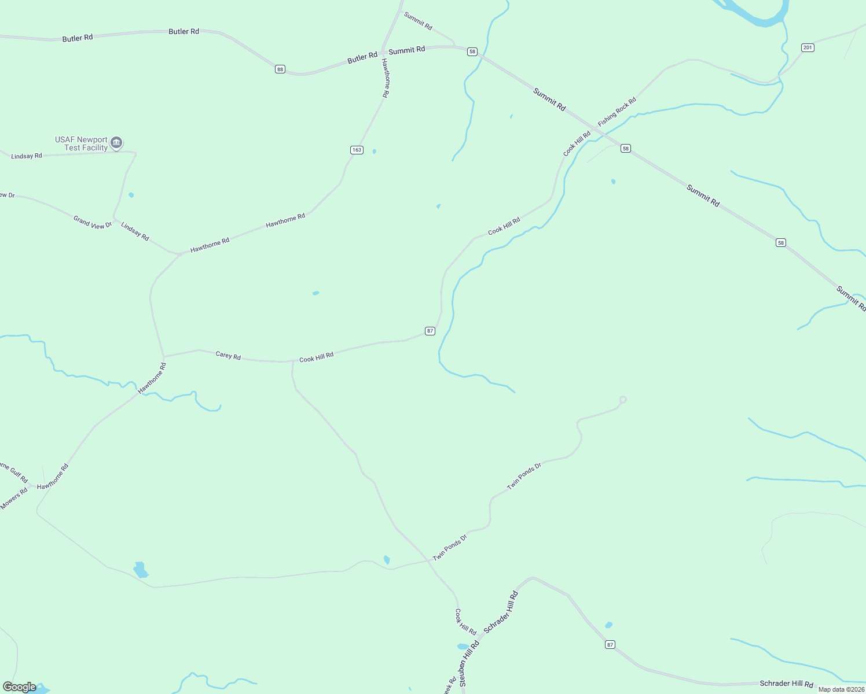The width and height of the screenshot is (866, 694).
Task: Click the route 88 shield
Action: (x=280, y=69)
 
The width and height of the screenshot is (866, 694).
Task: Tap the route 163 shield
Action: (x=357, y=150)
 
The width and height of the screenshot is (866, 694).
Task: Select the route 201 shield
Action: (x=808, y=47)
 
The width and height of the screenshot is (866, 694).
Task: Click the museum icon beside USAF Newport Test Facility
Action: (x=116, y=142)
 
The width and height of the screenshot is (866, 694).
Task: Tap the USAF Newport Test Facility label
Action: (x=82, y=143)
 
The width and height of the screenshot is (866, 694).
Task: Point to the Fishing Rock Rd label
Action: (x=617, y=112)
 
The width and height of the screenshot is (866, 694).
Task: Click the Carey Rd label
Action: (x=228, y=356)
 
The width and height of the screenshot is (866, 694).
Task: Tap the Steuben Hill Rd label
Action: (x=469, y=663)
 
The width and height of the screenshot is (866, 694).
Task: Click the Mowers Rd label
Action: (x=14, y=499)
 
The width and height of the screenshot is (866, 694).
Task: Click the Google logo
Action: (x=20, y=687)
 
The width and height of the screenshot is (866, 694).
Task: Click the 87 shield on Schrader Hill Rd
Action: (x=610, y=644)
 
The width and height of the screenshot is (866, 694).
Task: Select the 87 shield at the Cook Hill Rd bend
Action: (x=430, y=331)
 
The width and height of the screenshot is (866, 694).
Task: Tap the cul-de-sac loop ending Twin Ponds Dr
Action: (x=623, y=400)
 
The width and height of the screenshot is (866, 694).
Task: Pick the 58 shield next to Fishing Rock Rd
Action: (x=625, y=149)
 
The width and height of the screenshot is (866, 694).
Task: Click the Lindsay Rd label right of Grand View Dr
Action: (x=135, y=231)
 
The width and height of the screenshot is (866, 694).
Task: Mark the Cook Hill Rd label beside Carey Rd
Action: (x=316, y=357)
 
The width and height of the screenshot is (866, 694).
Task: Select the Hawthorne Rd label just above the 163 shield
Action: (x=386, y=77)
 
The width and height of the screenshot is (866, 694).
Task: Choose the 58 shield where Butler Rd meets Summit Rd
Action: (x=472, y=51)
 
